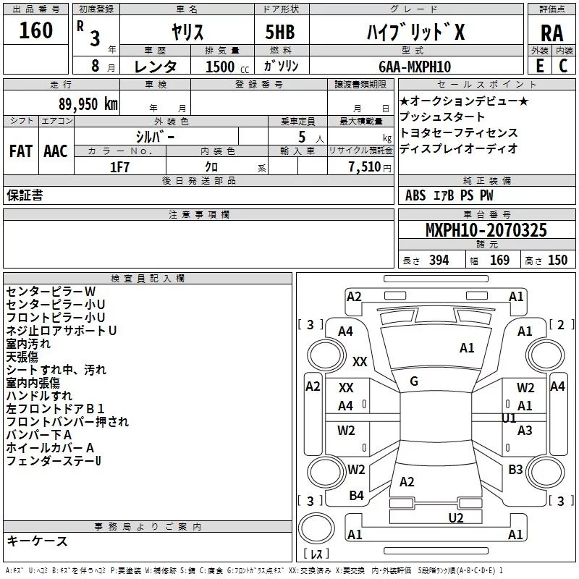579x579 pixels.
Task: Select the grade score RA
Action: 551,33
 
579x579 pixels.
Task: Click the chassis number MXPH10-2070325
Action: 486,231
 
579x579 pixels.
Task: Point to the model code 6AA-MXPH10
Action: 415,67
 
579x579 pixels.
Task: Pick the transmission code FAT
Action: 20,151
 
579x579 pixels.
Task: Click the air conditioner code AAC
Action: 56,151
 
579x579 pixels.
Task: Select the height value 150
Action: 557,261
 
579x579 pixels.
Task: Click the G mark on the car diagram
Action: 414,381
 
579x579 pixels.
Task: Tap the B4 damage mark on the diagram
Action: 356,496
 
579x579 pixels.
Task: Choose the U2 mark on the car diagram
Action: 455,517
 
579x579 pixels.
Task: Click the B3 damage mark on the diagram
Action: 515,470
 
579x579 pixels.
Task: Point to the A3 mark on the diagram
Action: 525,431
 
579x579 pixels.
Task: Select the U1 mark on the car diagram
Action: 509,418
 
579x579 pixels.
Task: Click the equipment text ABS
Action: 415,195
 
